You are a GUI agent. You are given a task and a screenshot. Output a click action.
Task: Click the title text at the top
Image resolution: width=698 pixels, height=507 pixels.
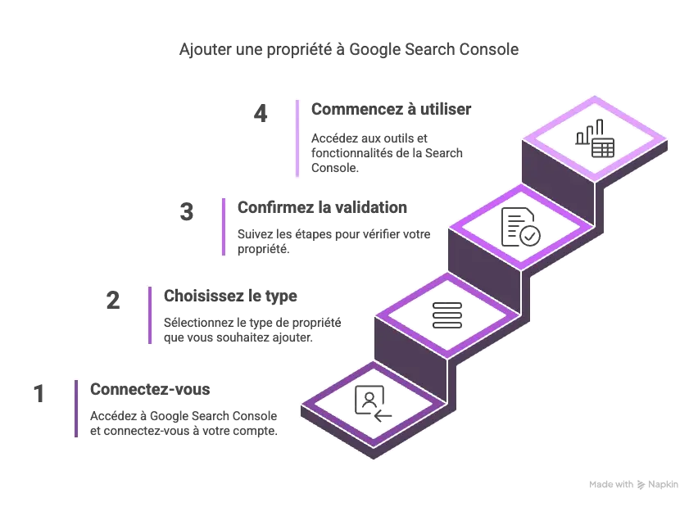pyautogui.click(x=350, y=51)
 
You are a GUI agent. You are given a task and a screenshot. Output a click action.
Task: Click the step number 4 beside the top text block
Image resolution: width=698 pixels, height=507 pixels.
pyautogui.click(x=260, y=111)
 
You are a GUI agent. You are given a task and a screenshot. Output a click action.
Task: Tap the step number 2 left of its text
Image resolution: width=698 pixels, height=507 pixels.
pyautogui.click(x=115, y=301)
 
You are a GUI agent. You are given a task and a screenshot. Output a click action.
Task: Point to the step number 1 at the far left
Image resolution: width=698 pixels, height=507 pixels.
pyautogui.click(x=39, y=393)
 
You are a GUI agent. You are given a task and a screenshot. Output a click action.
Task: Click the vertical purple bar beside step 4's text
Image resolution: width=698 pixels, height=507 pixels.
pyautogui.click(x=294, y=140)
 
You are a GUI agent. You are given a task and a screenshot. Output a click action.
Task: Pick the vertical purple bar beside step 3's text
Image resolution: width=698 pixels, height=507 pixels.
pyautogui.click(x=223, y=229)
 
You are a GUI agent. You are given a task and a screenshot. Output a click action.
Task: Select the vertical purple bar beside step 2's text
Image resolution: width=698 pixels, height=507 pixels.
pyautogui.click(x=151, y=315)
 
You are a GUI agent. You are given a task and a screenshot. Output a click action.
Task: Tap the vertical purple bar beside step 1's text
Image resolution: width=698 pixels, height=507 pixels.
pyautogui.click(x=79, y=406)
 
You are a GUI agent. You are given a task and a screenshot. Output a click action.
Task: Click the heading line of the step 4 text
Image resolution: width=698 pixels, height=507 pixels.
pyautogui.click(x=389, y=109)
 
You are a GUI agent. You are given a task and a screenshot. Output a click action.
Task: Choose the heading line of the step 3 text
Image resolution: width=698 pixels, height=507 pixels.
pyautogui.click(x=324, y=209)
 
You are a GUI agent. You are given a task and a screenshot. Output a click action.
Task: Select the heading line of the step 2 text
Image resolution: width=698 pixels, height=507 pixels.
pyautogui.click(x=233, y=295)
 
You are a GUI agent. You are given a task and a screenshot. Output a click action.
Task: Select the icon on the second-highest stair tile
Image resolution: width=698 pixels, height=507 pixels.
pyautogui.click(x=521, y=229)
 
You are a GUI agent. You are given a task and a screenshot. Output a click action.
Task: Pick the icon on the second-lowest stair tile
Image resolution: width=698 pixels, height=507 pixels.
pyautogui.click(x=448, y=317)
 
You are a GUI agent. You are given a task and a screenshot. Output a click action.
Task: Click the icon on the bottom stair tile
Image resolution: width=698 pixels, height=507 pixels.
pyautogui.click(x=372, y=403)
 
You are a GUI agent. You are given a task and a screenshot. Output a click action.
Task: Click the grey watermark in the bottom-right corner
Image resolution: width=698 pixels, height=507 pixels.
pyautogui.click(x=635, y=485)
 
